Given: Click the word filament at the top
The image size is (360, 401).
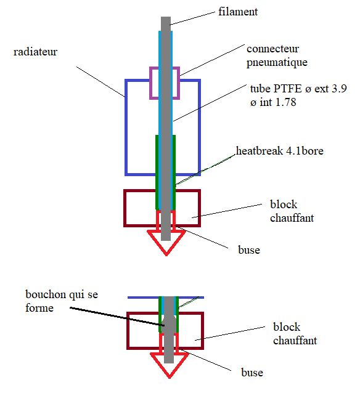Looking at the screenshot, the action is [238, 12].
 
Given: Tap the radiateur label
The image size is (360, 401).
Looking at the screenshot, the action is [35, 52].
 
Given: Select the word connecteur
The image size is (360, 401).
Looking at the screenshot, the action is [272, 49].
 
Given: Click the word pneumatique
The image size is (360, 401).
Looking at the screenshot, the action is [277, 62].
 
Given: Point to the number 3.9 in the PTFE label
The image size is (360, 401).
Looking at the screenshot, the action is [339, 89].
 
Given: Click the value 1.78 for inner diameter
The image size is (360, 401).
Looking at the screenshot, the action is [286, 102].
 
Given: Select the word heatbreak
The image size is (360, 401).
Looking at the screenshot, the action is [260, 151].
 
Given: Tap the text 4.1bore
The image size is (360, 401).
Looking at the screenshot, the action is [305, 151].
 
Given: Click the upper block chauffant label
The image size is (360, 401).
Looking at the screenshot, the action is [292, 211].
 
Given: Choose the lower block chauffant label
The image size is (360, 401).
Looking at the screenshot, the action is [295, 334].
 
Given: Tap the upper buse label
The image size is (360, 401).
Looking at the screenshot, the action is [249, 250].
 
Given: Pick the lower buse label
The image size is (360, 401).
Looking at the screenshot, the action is [252, 372].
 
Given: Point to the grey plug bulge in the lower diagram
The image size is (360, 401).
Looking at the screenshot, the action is [169, 324].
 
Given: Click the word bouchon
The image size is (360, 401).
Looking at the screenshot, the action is [46, 294].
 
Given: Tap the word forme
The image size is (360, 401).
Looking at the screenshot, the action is [39, 308].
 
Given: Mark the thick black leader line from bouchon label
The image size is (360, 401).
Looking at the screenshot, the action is [117, 317].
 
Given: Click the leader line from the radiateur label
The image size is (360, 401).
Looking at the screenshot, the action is [100, 82].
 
